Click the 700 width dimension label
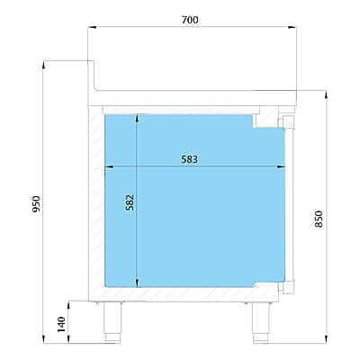(190, 20)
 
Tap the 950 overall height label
(36, 204)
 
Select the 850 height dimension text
(319, 219)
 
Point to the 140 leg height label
(61, 324)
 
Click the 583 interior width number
(190, 159)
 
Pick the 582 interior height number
(130, 202)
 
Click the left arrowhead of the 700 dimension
(92, 27)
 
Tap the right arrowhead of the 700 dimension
(292, 27)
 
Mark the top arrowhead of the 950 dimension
(44, 65)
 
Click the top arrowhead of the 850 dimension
(327, 94)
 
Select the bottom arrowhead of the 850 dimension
(327, 339)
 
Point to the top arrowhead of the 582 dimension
(137, 119)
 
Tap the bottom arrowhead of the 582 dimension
(137, 283)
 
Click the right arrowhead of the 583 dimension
(281, 167)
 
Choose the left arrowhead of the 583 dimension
(109, 167)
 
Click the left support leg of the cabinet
(112, 322)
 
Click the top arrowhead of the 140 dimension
(69, 305)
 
